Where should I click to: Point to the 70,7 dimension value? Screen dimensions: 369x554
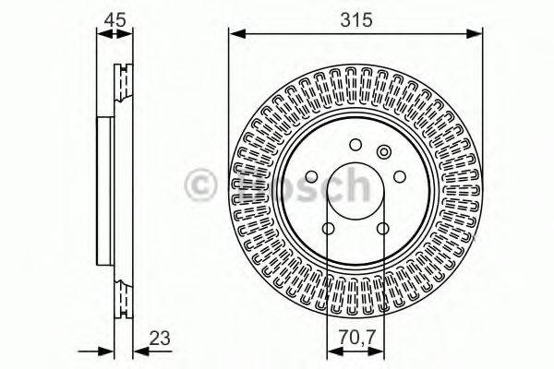click(x=355, y=339)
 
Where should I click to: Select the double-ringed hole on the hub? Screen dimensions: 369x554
click(x=384, y=153)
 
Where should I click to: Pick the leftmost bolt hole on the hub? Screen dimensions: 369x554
click(x=312, y=178)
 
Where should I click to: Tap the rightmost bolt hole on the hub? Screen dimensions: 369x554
click(x=399, y=178)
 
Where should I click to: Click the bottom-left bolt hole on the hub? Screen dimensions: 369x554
click(x=330, y=229)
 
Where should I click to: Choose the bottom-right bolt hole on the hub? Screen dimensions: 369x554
click(x=382, y=229)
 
